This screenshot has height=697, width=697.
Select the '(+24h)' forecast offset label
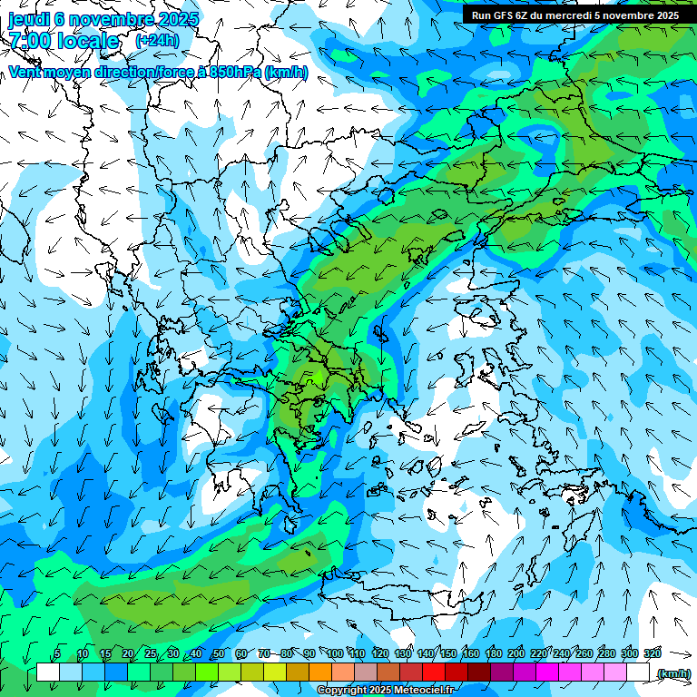(157, 41)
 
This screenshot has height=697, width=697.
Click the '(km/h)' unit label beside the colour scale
(673, 672)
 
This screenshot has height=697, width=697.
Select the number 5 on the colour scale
(57, 653)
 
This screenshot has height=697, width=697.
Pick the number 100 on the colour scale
(335, 653)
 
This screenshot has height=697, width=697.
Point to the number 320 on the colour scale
(652, 653)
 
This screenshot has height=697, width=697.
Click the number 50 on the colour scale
(219, 653)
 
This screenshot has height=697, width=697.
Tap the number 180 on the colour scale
(493, 653)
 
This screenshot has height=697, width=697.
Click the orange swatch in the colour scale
(320, 672)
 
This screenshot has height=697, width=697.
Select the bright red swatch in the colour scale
(434, 672)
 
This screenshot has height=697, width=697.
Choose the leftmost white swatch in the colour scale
(48, 672)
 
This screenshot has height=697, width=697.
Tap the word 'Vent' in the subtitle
(25, 73)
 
